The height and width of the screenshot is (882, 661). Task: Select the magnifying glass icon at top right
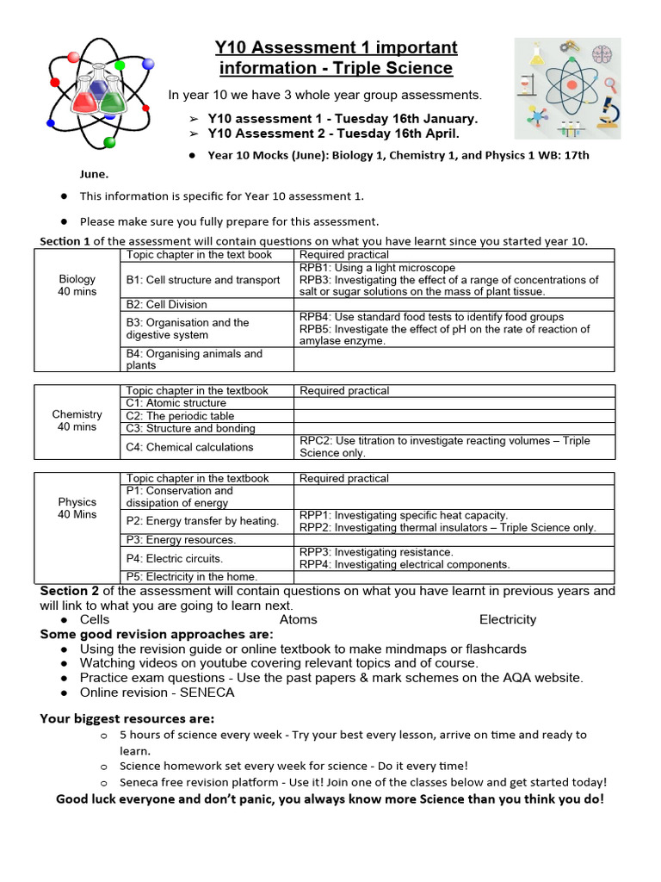pyautogui.click(x=612, y=84)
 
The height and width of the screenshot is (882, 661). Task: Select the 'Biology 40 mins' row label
pyautogui.click(x=77, y=285)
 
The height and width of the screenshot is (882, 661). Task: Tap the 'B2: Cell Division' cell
pyautogui.click(x=167, y=304)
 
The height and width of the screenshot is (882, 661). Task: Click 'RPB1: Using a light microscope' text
pyautogui.click(x=377, y=268)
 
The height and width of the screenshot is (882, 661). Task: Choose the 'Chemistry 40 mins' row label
pyautogui.click(x=77, y=420)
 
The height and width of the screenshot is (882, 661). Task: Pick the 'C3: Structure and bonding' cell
pyautogui.click(x=190, y=428)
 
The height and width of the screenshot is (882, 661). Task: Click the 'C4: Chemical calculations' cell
pyautogui.click(x=189, y=447)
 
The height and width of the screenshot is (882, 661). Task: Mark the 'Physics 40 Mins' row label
pyautogui.click(x=77, y=508)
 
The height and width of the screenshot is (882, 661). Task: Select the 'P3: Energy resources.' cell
pyautogui.click(x=181, y=540)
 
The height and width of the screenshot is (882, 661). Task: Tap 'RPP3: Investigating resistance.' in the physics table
pyautogui.click(x=376, y=552)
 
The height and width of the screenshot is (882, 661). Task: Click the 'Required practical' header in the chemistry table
pyautogui.click(x=344, y=391)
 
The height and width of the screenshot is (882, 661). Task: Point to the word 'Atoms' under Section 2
pyautogui.click(x=298, y=619)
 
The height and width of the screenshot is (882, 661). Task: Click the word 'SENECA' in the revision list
pyautogui.click(x=208, y=693)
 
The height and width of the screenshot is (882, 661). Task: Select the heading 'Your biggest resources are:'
pyautogui.click(x=127, y=718)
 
